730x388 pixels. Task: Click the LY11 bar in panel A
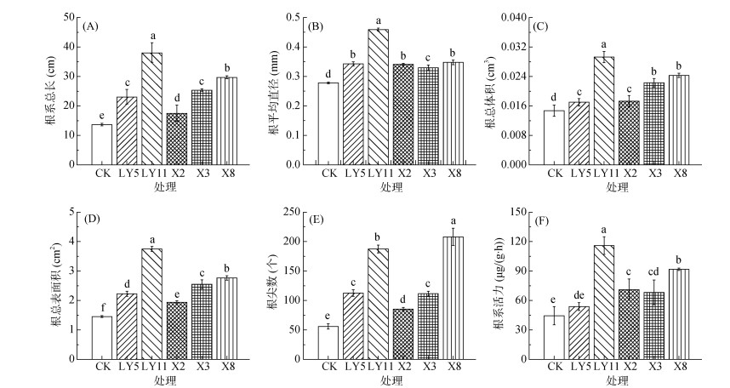click(x=151, y=109)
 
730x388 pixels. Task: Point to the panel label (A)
click(x=90, y=26)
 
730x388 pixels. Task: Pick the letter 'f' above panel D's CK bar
click(x=102, y=308)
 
